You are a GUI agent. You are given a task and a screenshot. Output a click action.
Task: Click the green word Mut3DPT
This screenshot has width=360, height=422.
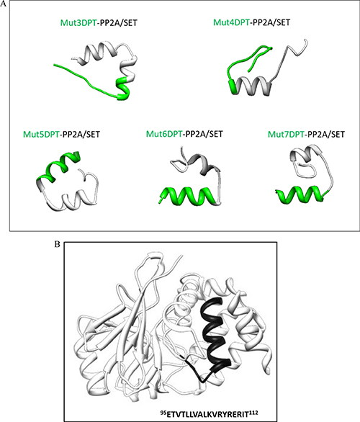pos(78,22)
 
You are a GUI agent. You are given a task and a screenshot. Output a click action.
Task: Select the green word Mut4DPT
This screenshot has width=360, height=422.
pos(231,22)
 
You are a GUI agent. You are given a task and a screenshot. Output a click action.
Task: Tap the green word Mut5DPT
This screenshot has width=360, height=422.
pos(41,134)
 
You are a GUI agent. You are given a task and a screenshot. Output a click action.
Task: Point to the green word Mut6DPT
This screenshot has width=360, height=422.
pos(164,134)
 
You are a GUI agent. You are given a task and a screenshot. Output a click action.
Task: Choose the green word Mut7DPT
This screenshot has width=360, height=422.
pos(286,134)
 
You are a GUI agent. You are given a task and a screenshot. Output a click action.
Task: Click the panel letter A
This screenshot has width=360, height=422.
pos(3,4)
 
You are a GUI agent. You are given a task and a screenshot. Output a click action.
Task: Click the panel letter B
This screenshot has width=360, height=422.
pos(57,244)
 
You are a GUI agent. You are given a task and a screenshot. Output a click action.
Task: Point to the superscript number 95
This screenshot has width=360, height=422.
pos(163,411)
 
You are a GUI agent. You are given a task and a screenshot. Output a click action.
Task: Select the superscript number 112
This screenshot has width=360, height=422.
pos(255,411)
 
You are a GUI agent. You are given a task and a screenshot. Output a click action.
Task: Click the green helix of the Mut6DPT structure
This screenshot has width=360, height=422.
pos(189,196)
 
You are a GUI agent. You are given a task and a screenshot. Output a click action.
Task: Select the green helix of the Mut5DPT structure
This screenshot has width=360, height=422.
pos(58,167)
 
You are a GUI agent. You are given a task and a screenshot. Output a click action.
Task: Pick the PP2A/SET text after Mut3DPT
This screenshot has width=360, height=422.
pos(118,22)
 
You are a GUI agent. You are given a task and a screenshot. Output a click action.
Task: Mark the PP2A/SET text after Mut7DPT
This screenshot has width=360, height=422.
pos(326,134)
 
